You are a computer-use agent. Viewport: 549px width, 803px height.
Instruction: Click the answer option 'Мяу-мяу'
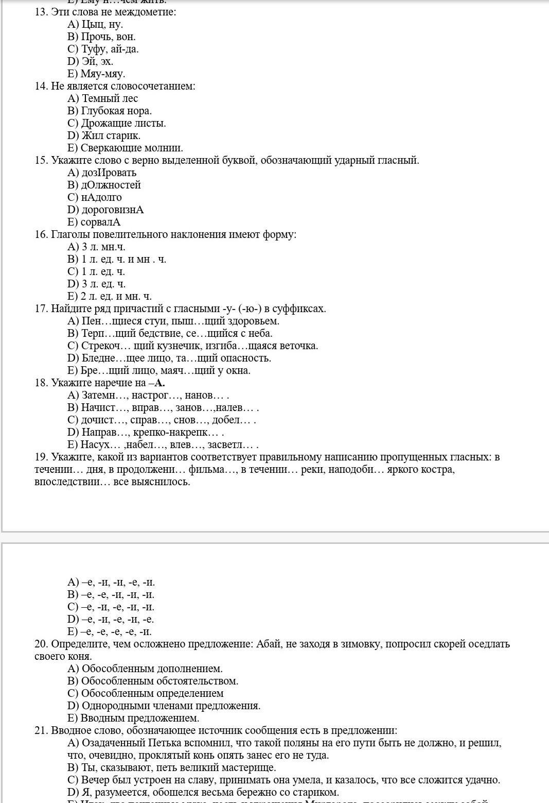click(x=102, y=74)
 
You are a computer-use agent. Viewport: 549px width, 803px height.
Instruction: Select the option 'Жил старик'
click(x=111, y=135)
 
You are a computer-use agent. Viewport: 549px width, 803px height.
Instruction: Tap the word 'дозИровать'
click(x=109, y=173)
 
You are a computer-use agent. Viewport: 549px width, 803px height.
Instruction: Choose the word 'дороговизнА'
click(x=113, y=210)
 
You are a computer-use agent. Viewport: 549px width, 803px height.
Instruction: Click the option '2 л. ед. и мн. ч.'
click(x=116, y=296)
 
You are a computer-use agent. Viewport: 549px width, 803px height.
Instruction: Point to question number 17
click(x=41, y=309)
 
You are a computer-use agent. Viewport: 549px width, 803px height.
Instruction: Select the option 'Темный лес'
click(x=110, y=98)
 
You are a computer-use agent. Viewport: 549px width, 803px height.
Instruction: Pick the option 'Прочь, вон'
click(x=108, y=37)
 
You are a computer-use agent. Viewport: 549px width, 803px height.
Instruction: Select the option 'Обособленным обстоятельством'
click(x=160, y=681)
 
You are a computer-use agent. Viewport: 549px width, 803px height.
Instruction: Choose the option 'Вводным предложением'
click(x=139, y=718)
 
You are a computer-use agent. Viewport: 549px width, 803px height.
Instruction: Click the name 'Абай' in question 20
click(x=268, y=644)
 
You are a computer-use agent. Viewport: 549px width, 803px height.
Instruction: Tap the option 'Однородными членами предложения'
click(x=171, y=706)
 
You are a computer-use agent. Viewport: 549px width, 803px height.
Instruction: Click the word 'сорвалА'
click(x=101, y=222)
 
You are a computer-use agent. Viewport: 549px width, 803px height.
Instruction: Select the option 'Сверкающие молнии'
click(x=132, y=148)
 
